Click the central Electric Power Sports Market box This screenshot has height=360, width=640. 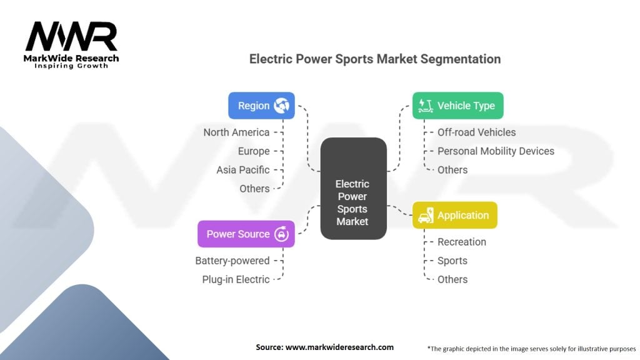click(x=353, y=188)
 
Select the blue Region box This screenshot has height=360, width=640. click(x=261, y=106)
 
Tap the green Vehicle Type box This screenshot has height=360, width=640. click(x=457, y=106)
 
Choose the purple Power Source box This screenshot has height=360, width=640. click(x=246, y=234)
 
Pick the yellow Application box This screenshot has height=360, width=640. click(x=454, y=215)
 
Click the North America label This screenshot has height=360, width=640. click(x=236, y=132)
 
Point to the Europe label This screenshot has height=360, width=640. click(x=254, y=151)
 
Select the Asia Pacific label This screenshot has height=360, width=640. click(x=243, y=169)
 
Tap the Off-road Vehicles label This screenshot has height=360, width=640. click(x=476, y=132)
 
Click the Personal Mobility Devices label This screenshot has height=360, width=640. click(x=496, y=151)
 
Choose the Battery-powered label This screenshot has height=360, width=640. click(x=232, y=261)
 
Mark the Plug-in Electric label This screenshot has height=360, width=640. click(x=236, y=279)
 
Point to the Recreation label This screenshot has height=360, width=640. click(x=461, y=242)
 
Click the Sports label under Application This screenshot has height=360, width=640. click(x=452, y=261)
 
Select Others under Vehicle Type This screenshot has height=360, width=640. click(x=452, y=169)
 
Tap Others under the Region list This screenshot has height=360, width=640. click(x=254, y=188)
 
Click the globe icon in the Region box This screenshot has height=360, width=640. click(x=282, y=106)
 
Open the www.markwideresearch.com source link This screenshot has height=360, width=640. click(x=340, y=347)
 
